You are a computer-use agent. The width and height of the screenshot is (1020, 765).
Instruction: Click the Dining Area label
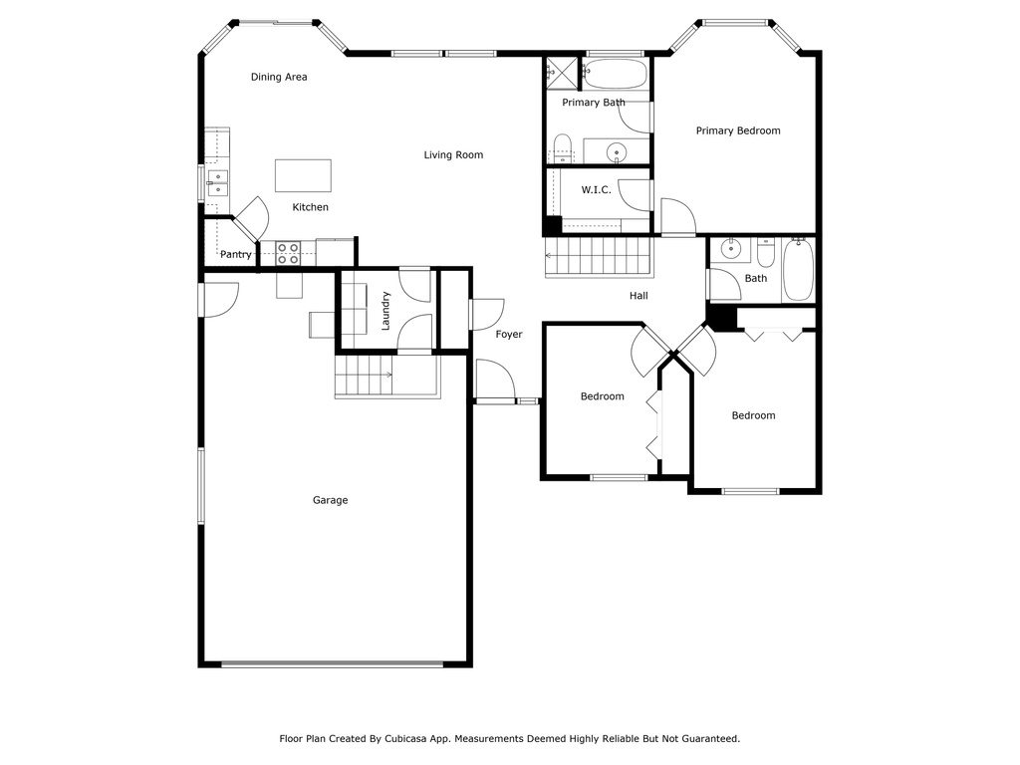click(x=279, y=77)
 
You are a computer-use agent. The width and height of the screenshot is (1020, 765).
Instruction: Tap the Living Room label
click(x=453, y=154)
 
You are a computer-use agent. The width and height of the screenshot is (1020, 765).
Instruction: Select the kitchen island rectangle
click(x=303, y=175)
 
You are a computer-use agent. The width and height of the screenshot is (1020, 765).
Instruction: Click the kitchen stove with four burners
click(x=288, y=253)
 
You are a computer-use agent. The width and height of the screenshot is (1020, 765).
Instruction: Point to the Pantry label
click(x=235, y=254)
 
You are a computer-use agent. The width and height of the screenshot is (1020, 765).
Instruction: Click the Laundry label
click(x=385, y=311)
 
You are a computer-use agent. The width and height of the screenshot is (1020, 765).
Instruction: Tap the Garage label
click(x=331, y=500)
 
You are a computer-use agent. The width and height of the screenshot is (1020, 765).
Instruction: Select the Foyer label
click(x=509, y=335)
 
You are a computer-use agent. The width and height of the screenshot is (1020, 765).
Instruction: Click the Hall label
click(x=638, y=295)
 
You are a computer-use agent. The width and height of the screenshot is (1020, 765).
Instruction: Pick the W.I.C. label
click(x=596, y=190)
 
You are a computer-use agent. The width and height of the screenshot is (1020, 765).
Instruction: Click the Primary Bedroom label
click(x=738, y=130)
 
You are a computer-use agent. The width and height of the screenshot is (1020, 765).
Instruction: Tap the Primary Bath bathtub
click(x=615, y=74)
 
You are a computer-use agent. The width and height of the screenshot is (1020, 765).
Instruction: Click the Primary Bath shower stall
click(x=561, y=72)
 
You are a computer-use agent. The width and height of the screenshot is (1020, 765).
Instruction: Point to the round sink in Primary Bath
click(x=616, y=152)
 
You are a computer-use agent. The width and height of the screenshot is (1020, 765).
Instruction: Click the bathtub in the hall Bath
click(x=798, y=270)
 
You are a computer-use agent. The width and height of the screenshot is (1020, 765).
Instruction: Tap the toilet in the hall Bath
click(x=766, y=253)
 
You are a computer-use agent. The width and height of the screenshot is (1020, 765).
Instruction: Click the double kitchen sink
click(x=218, y=183)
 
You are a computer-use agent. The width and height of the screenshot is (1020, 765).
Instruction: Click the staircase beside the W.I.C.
click(x=599, y=256)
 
